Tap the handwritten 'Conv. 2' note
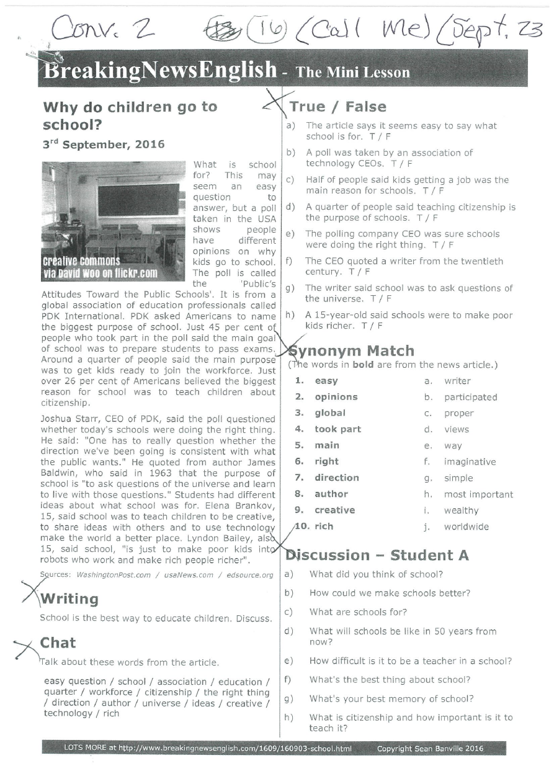[x=103, y=29]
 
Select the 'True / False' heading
[x=337, y=107]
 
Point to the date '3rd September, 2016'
[x=104, y=145]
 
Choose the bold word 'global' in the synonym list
[x=330, y=413]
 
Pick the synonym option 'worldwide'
[x=466, y=527]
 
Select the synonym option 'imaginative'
[x=470, y=462]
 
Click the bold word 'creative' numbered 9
[x=334, y=510]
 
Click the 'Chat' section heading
[x=58, y=643]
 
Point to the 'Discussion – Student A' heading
[x=377, y=555]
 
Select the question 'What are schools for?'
[x=358, y=612]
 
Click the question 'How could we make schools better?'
[x=390, y=594]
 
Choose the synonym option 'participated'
[x=470, y=398]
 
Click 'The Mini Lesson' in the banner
[x=353, y=73]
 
